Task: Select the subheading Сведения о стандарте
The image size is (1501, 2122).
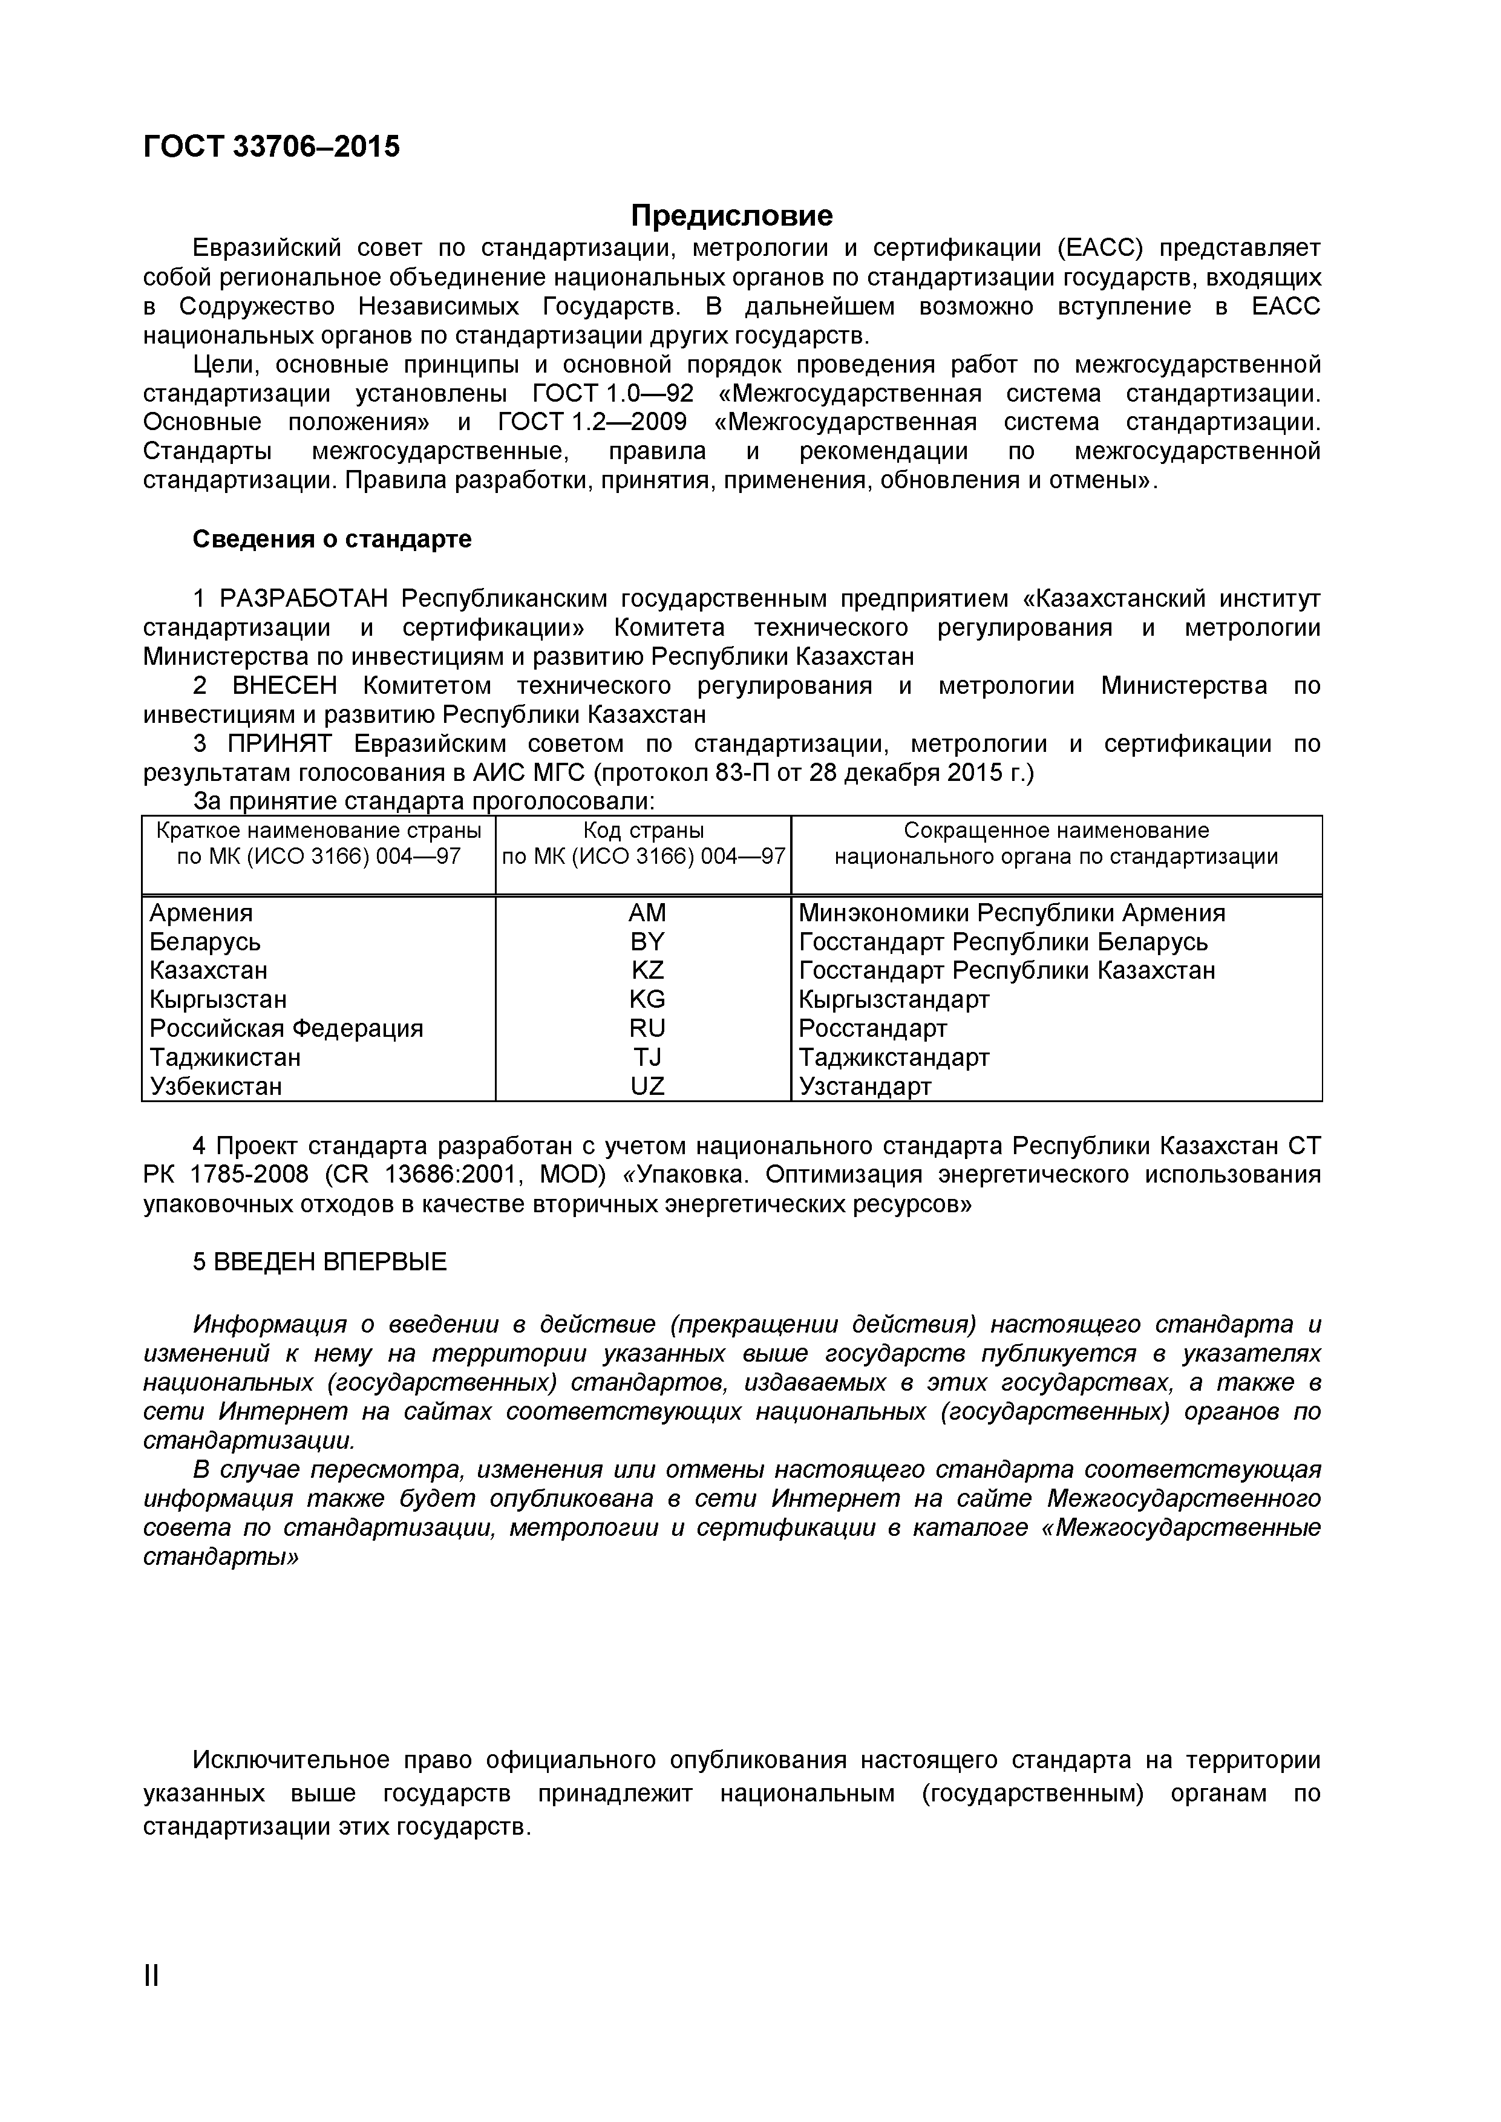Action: click(x=332, y=539)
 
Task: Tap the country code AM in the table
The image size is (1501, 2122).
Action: click(x=646, y=913)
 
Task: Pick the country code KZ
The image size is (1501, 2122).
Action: click(x=646, y=970)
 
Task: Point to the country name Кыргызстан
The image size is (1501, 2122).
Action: click(x=218, y=1000)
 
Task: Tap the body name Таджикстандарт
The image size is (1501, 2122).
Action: click(x=894, y=1057)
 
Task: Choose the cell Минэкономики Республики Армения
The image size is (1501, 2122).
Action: click(x=1011, y=913)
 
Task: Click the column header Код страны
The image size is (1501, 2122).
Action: click(x=643, y=831)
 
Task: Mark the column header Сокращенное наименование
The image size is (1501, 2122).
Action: click(x=1056, y=831)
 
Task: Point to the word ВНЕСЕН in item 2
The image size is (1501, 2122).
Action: click(x=285, y=686)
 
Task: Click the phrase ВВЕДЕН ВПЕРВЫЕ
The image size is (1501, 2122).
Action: click(x=330, y=1262)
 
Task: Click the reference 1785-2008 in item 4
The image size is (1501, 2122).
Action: click(x=247, y=1175)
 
